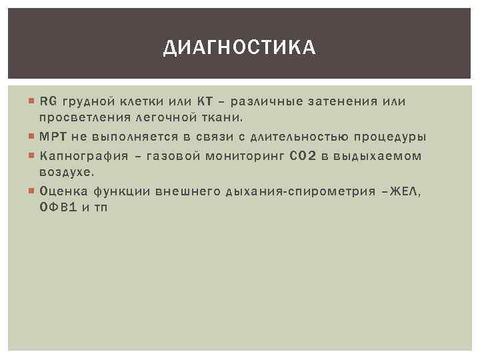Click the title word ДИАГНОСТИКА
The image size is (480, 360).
click(240, 48)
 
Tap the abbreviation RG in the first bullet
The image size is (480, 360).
click(48, 102)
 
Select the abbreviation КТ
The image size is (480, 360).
click(204, 102)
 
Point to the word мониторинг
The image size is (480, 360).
click(255, 157)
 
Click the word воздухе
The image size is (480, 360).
click(65, 172)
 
